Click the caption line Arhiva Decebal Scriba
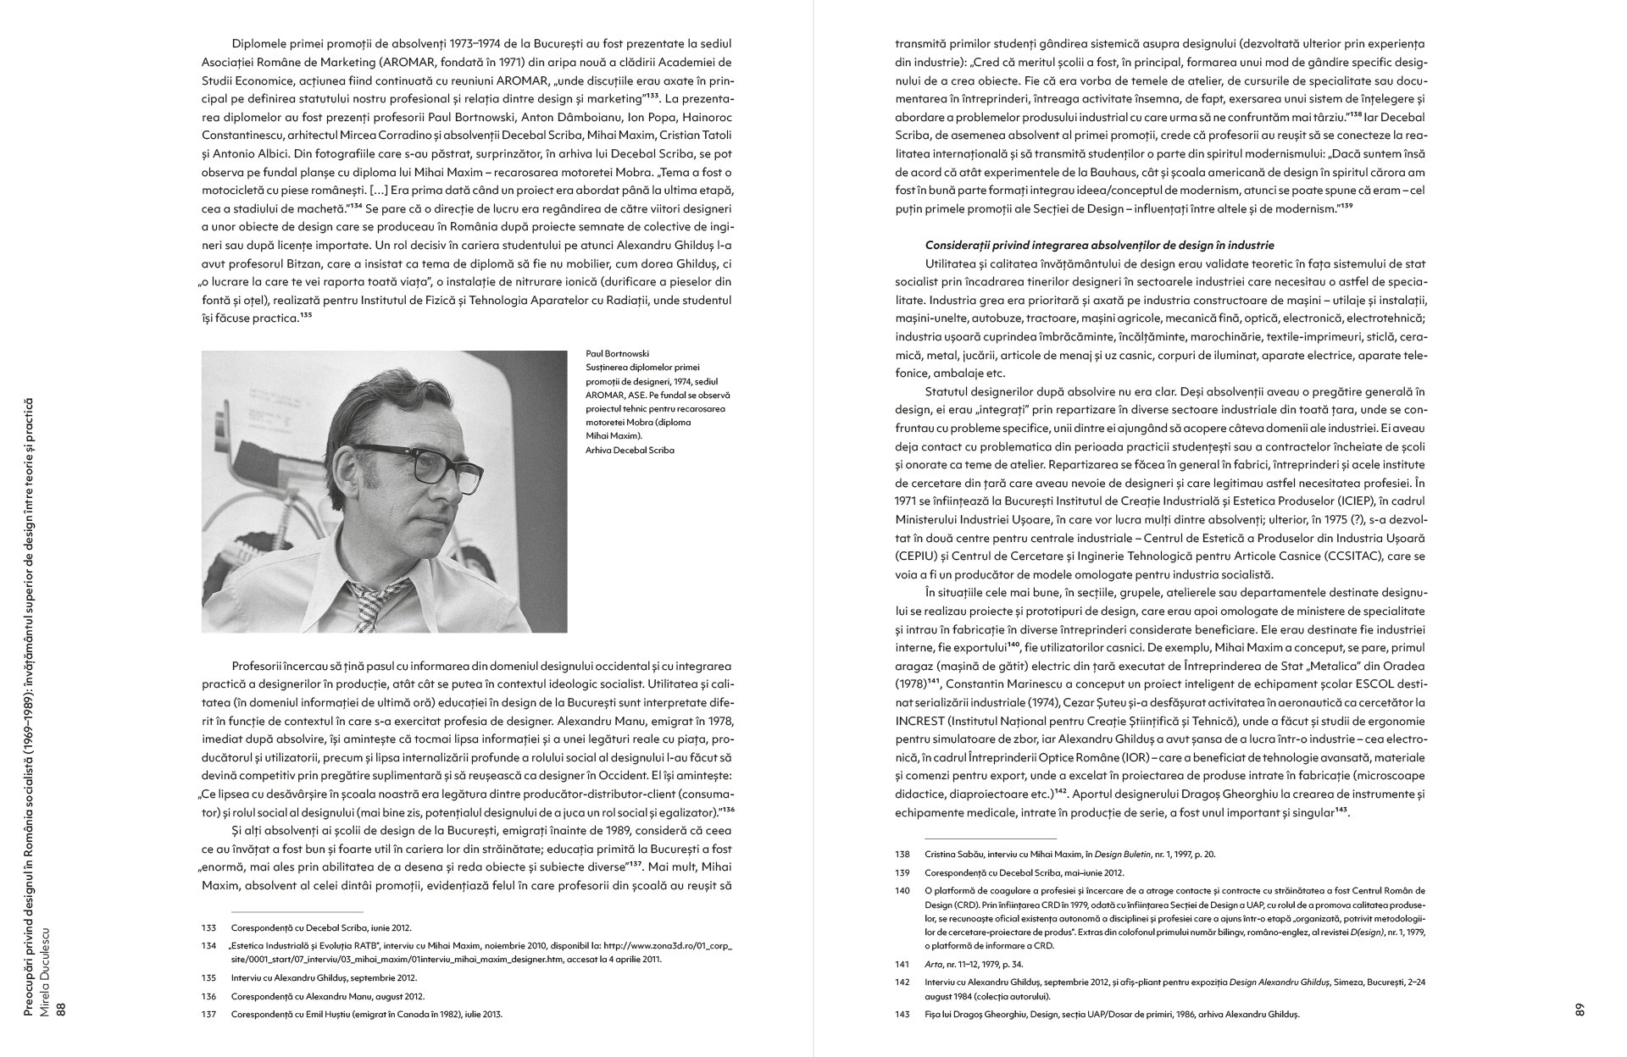630,451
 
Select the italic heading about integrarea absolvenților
1100,246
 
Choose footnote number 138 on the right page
902,855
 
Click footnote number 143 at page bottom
902,1014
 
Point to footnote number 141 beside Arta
902,964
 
